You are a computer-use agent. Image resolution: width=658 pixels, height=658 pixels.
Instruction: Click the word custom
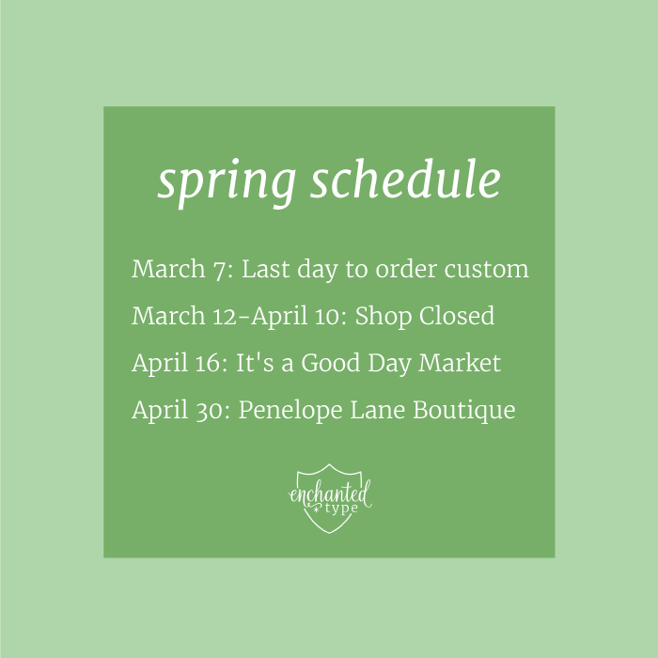point(483,270)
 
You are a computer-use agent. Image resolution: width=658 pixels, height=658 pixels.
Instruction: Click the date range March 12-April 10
point(238,316)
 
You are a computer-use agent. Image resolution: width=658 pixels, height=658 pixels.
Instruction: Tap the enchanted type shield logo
point(329,497)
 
